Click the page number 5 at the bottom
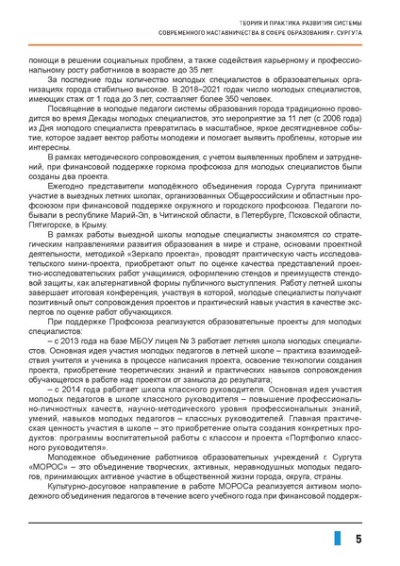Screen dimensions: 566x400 point(358,538)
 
